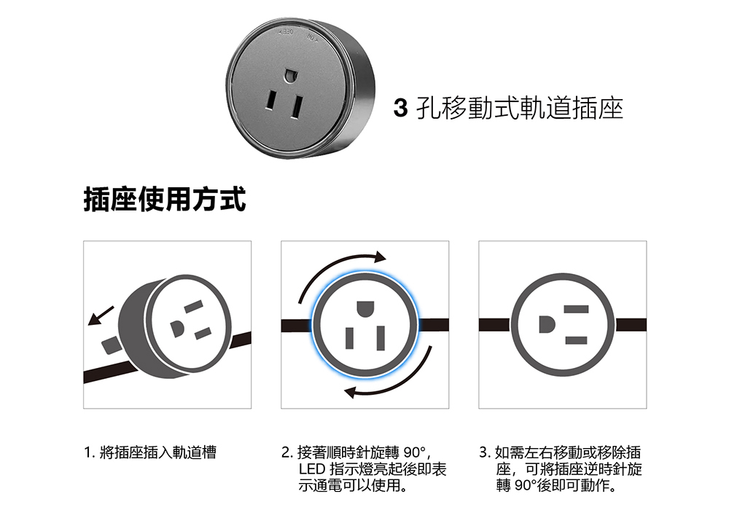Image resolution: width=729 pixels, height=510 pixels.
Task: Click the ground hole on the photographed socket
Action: pyautogui.click(x=290, y=75)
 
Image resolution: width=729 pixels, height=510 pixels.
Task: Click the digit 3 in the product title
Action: pyautogui.click(x=400, y=109)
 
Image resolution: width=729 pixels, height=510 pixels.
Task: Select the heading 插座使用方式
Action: pyautogui.click(x=165, y=199)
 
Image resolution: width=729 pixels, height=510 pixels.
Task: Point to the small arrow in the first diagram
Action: pyautogui.click(x=101, y=315)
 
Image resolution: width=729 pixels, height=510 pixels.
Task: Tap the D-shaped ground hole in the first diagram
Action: pyautogui.click(x=178, y=329)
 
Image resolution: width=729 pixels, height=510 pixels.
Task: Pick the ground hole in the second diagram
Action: pyautogui.click(x=365, y=309)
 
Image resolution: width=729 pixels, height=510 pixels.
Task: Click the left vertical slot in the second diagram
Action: pyautogui.click(x=350, y=338)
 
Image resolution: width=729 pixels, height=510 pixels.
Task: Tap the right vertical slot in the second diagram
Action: pyautogui.click(x=381, y=337)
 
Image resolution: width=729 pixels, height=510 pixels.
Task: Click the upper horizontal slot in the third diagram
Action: pyautogui.click(x=576, y=310)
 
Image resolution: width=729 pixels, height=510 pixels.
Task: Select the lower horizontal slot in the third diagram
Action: pyautogui.click(x=576, y=340)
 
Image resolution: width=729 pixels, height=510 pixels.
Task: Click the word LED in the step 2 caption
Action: pyautogui.click(x=312, y=469)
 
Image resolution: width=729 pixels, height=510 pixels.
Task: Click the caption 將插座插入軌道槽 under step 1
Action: pyautogui.click(x=158, y=452)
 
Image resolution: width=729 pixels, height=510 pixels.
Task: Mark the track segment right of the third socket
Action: pyautogui.click(x=631, y=324)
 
